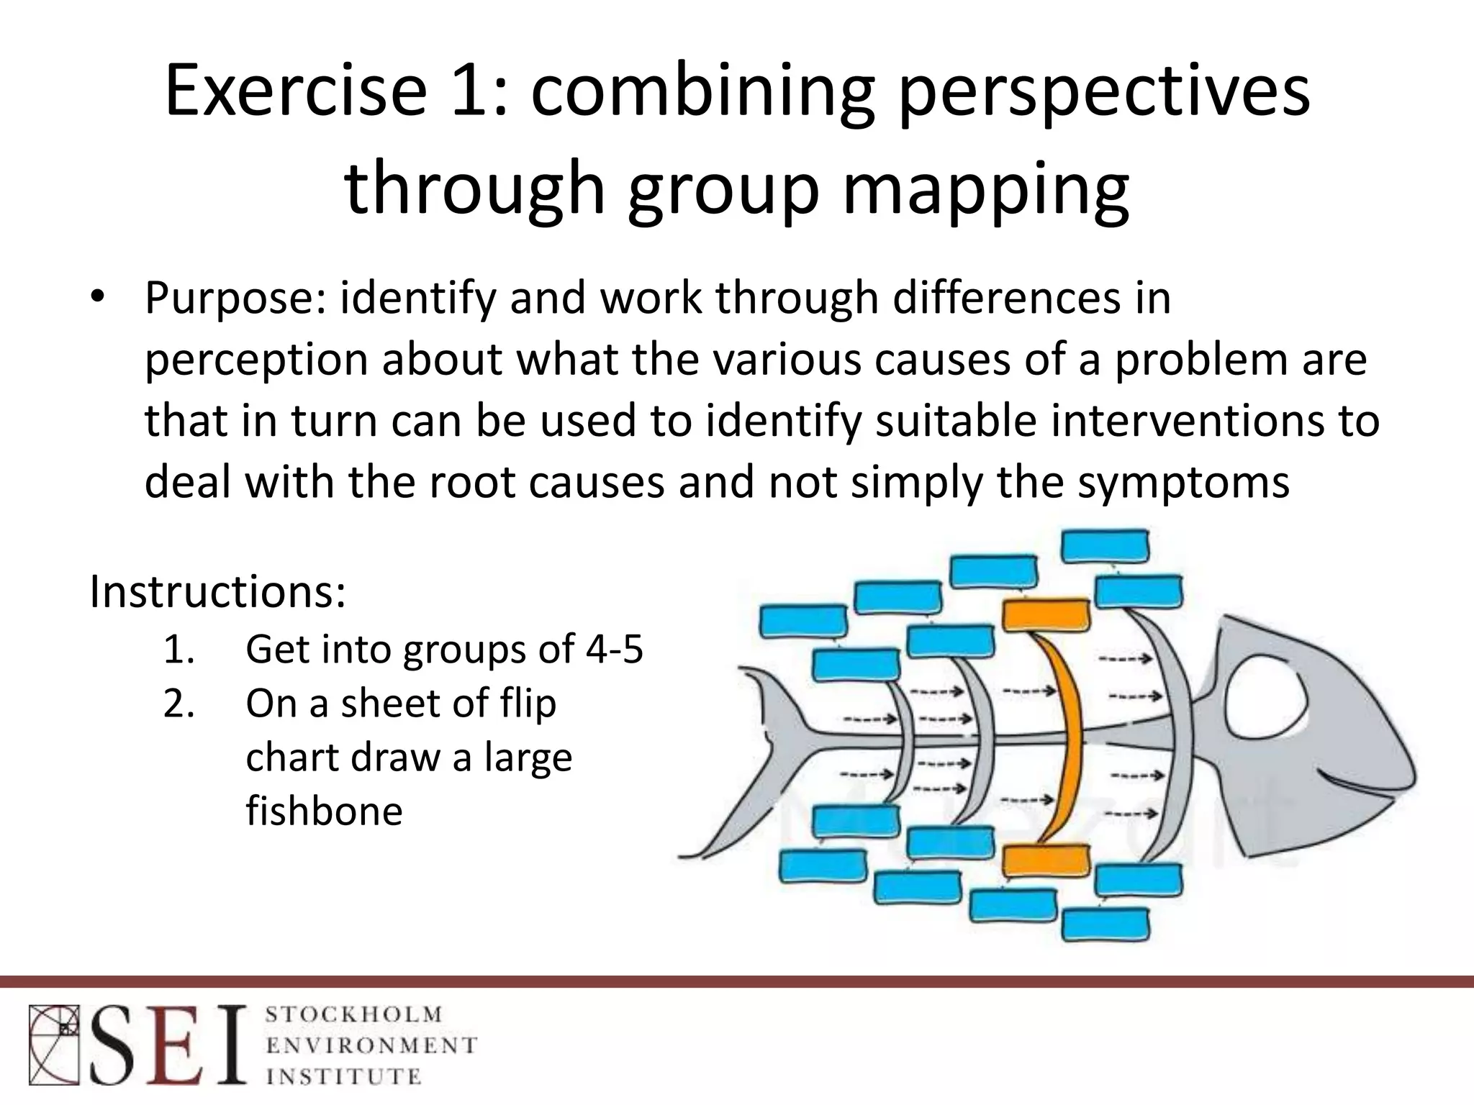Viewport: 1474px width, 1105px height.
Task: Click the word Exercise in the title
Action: (x=296, y=92)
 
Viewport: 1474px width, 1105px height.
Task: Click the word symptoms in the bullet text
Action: (x=1183, y=482)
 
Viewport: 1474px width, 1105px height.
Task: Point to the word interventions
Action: (x=1187, y=421)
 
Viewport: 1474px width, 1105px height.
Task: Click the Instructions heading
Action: (x=217, y=591)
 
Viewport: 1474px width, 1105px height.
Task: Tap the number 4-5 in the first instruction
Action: (x=614, y=649)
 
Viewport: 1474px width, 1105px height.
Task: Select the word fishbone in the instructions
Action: (x=324, y=811)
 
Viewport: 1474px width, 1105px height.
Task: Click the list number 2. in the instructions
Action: (x=179, y=704)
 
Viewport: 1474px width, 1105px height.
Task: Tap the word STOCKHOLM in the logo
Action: (x=353, y=1015)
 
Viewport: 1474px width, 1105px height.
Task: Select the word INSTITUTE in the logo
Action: (x=343, y=1076)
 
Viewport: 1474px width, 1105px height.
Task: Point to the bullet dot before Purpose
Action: (x=99, y=299)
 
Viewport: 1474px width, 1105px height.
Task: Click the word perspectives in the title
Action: (x=1104, y=92)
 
